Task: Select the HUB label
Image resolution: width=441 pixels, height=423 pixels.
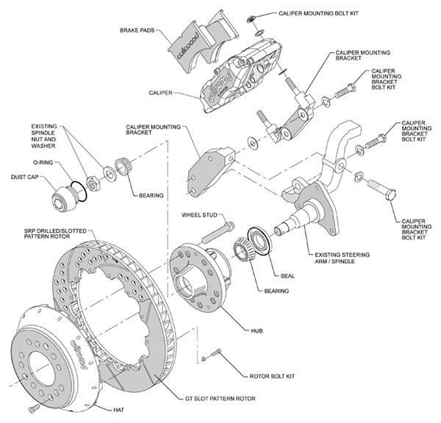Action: coord(256,331)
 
